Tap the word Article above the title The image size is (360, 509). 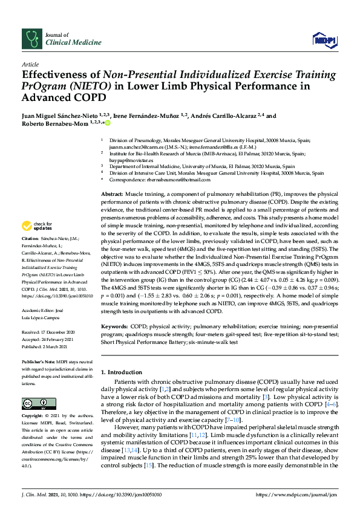point(30,64)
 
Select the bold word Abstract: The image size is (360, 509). point(111,192)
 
